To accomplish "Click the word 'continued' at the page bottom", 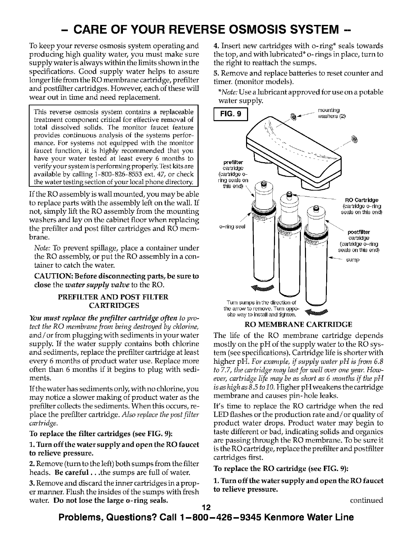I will point(367,500).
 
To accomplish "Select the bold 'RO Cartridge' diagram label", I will point(360,199).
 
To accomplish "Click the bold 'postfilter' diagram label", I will point(358,232).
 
